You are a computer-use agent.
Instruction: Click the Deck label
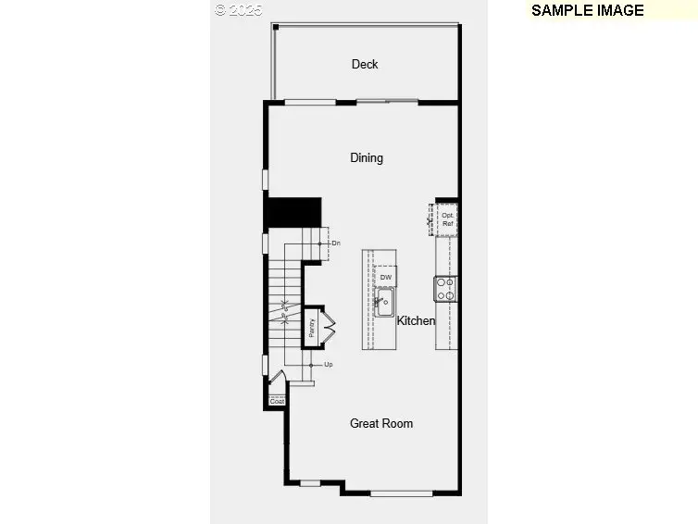pos(365,64)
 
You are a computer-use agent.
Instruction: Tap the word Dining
pos(367,157)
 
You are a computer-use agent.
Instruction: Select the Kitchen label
pos(416,321)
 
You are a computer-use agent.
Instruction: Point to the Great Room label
pos(381,423)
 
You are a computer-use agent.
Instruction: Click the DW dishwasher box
pos(386,278)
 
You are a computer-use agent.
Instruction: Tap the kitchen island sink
pos(385,302)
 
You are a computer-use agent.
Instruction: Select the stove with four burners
pos(446,290)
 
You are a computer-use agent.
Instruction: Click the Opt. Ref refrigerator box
pos(447,219)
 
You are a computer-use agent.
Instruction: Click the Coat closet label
pos(277,402)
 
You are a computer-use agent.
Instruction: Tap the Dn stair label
pos(336,243)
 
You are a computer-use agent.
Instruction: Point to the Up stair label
pos(329,365)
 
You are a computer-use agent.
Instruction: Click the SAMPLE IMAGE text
pos(587,10)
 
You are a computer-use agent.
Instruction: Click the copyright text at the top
pos(239,10)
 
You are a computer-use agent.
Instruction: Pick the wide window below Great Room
pos(401,493)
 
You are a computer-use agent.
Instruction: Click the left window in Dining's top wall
pos(309,102)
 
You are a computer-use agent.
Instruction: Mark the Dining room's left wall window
pos(266,180)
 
